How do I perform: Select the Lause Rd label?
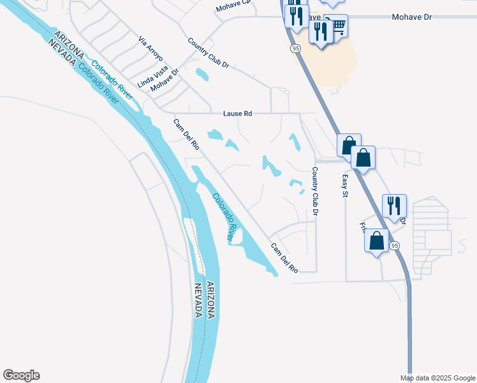pos(238,114)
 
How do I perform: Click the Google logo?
pos(21,375)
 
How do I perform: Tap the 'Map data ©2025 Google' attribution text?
pos(437,378)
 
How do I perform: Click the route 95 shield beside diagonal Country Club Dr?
pos(295,48)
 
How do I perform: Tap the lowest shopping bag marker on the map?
pos(376,241)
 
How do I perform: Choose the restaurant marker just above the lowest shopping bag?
pos(394,206)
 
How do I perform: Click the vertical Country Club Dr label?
pos(314,191)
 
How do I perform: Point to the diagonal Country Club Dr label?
pos(209,53)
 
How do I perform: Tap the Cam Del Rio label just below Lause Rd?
pos(187,134)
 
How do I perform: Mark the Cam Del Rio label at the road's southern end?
pos(284,258)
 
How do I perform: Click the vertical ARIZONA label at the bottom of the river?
pos(210,300)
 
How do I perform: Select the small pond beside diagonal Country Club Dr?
pos(202,75)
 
